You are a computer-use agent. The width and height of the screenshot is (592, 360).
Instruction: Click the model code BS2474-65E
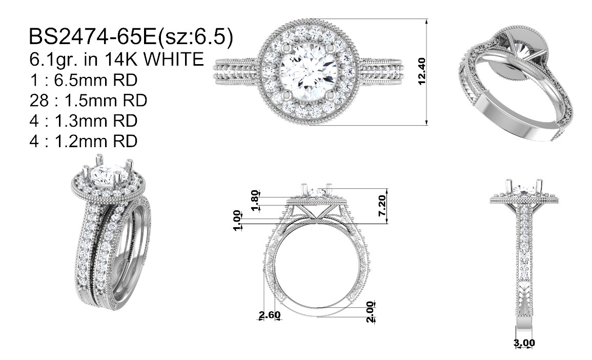tap(92, 37)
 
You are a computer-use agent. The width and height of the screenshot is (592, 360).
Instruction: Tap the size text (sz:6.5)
tap(195, 37)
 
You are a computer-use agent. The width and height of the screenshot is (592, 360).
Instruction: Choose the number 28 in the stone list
tap(39, 101)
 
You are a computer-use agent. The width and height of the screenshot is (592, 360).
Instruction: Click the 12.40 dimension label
tap(422, 71)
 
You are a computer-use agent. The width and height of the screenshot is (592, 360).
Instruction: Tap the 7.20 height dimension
tap(382, 206)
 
